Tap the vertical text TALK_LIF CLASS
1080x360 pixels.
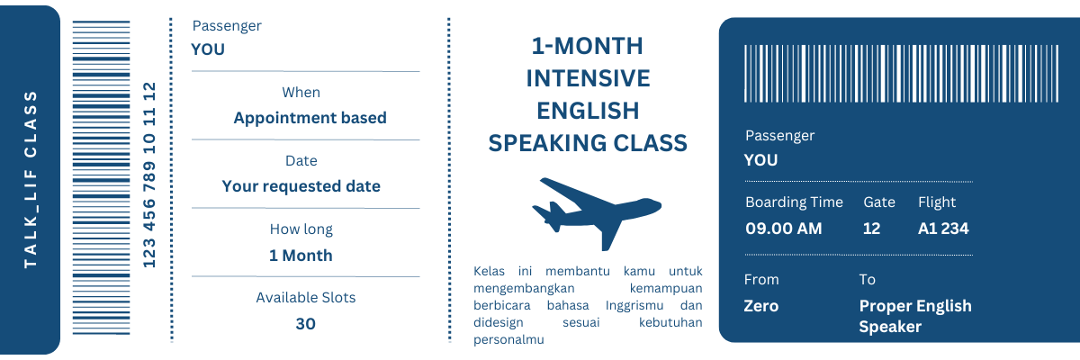[31, 179]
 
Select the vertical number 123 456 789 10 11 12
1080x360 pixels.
[150, 175]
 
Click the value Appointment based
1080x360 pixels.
[310, 118]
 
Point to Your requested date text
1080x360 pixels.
[301, 186]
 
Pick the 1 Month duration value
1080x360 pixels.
[301, 255]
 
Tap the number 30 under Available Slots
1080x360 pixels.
[305, 323]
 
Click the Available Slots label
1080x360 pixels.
[305, 297]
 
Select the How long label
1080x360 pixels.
[301, 229]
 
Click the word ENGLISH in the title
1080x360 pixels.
[587, 110]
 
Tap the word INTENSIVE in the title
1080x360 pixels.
[587, 78]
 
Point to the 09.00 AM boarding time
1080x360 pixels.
[783, 228]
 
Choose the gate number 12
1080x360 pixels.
[870, 228]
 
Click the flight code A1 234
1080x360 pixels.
[942, 228]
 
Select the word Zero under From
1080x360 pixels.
[760, 305]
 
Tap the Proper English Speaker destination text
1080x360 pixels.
[914, 316]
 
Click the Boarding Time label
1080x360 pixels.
[794, 202]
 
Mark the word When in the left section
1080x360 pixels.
[301, 92]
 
